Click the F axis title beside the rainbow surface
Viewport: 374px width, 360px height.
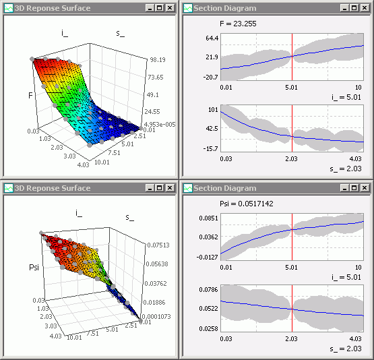click(30, 96)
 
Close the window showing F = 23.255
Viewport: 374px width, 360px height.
click(366, 8)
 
